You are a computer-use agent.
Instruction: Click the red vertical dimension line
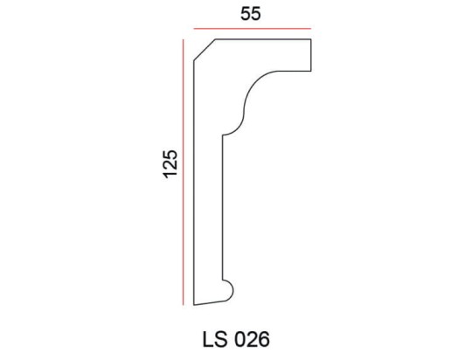[183, 175]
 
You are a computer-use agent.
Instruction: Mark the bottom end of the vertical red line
[183, 305]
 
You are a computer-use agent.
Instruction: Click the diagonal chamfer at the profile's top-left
[204, 50]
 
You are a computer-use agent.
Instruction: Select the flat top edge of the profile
[262, 39]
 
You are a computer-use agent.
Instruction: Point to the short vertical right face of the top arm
[312, 53]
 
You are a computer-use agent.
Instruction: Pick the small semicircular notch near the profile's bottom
[231, 289]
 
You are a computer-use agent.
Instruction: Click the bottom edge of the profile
[210, 302]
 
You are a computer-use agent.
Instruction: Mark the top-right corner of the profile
[312, 39]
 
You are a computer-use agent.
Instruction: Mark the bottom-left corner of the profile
[193, 305]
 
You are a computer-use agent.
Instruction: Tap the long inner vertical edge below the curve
[223, 210]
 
